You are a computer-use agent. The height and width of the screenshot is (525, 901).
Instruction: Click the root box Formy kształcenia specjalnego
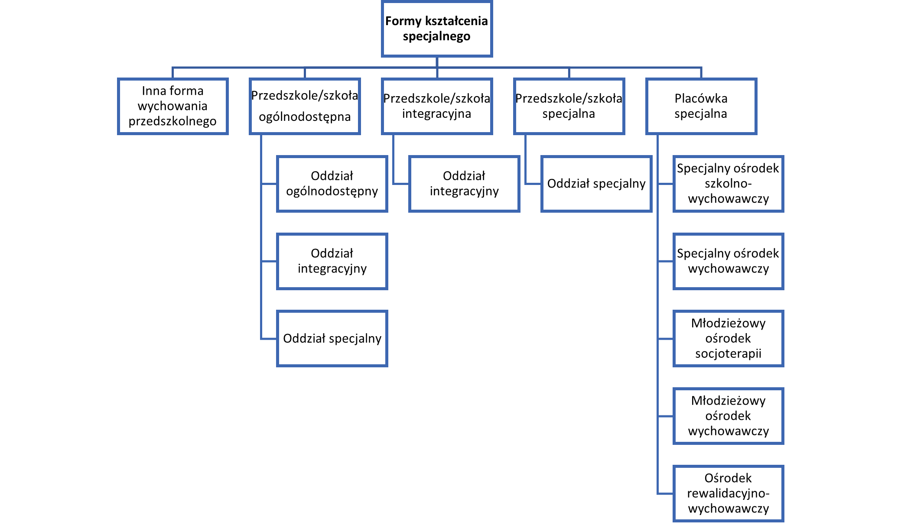click(x=437, y=29)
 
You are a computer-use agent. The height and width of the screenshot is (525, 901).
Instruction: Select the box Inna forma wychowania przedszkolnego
click(x=172, y=106)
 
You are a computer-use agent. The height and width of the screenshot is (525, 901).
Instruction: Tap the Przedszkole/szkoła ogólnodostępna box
click(x=305, y=106)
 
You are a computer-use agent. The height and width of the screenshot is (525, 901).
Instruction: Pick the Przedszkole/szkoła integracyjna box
click(x=437, y=106)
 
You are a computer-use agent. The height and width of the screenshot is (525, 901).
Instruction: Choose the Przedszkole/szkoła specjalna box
click(x=569, y=106)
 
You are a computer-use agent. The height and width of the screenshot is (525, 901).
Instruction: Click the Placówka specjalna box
click(x=701, y=106)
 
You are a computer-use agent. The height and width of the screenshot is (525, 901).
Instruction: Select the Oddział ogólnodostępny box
click(x=332, y=184)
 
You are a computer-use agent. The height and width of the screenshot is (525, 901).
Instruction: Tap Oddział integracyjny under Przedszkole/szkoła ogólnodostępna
click(x=332, y=261)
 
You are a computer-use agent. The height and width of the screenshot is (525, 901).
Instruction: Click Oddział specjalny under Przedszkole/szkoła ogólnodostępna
click(x=332, y=338)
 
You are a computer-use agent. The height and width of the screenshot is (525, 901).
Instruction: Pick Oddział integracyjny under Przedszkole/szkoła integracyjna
click(x=464, y=184)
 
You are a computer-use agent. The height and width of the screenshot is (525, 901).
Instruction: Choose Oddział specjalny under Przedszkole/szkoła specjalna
click(x=596, y=184)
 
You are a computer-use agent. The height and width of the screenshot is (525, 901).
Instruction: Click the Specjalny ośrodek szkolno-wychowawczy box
click(x=728, y=184)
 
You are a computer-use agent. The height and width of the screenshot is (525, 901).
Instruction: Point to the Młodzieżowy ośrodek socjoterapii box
click(x=728, y=338)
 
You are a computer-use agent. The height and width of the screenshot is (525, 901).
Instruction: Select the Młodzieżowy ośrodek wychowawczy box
click(x=728, y=416)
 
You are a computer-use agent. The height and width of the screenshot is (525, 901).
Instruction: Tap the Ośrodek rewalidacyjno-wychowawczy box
click(x=728, y=493)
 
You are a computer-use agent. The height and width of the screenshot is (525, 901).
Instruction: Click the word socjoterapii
click(x=728, y=354)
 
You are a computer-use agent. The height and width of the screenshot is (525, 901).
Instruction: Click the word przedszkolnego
click(x=172, y=121)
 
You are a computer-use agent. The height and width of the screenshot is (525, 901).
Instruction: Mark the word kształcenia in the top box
click(x=456, y=21)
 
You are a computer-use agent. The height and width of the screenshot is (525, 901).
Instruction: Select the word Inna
click(x=151, y=91)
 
